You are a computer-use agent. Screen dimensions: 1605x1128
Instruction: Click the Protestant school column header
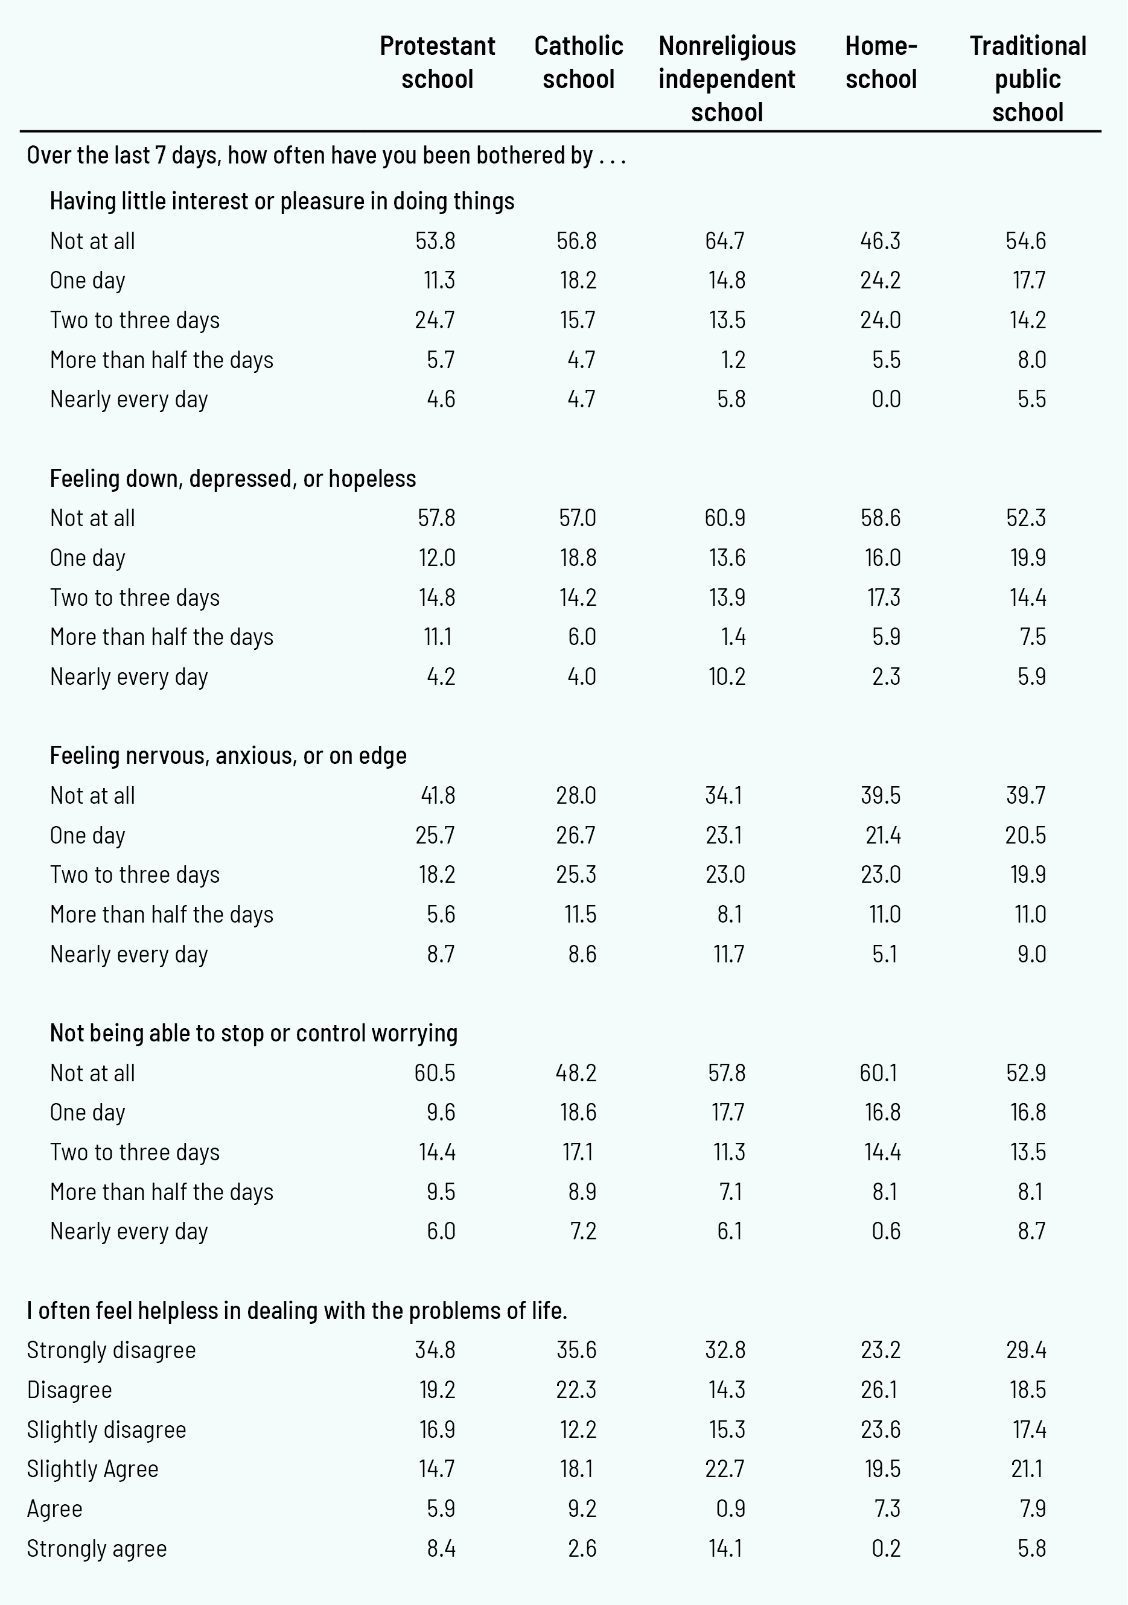[437, 62]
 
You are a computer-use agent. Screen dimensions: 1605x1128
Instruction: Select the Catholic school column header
[578, 62]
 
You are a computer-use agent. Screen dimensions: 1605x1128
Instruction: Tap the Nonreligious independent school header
[727, 78]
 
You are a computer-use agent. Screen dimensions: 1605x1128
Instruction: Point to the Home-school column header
[881, 62]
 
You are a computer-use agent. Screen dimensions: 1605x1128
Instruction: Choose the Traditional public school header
[1027, 78]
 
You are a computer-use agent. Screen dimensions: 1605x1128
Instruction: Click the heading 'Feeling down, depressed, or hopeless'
[232, 479]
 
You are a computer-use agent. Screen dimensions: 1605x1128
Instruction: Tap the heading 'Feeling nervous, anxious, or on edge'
[228, 755]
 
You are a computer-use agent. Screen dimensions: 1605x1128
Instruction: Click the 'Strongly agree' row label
[97, 1548]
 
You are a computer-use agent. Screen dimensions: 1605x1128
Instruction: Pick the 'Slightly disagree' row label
[106, 1429]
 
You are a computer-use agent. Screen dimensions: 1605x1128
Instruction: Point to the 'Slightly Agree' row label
[92, 1469]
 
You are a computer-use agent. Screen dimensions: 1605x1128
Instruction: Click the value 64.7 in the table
[725, 241]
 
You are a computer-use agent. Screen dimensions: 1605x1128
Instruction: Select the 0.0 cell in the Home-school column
[886, 399]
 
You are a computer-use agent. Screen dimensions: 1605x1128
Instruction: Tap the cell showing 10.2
[727, 676]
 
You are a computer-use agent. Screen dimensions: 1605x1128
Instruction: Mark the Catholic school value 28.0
[576, 795]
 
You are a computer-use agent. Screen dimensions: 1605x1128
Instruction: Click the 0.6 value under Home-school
[886, 1231]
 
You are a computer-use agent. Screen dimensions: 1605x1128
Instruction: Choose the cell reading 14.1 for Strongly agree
[727, 1548]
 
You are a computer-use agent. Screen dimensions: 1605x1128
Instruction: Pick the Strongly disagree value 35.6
[576, 1350]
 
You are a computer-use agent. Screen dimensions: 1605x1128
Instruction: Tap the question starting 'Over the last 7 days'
[326, 155]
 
